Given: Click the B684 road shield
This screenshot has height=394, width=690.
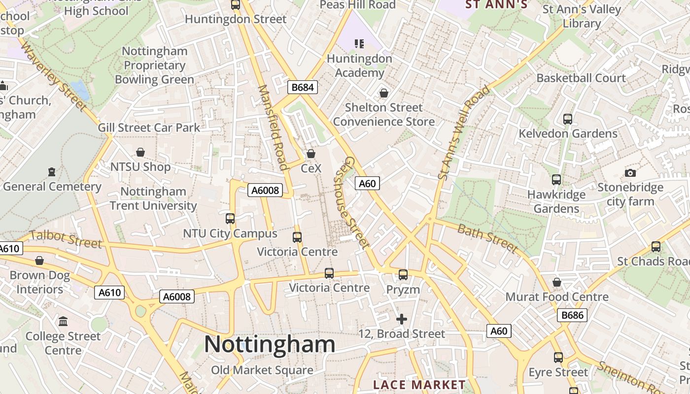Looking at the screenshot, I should click(x=302, y=88).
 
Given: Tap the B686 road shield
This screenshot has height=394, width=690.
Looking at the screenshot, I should click(x=572, y=315).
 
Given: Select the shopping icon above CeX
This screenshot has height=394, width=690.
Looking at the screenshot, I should click(x=311, y=154).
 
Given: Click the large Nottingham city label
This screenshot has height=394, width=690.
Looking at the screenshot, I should click(x=270, y=344).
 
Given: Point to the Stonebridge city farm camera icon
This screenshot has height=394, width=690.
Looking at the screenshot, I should click(x=630, y=173).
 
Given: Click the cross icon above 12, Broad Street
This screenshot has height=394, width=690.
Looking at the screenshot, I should click(x=402, y=319).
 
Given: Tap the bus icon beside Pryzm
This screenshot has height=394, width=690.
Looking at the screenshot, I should click(x=403, y=275).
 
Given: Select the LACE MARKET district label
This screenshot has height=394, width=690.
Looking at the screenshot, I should click(x=419, y=385).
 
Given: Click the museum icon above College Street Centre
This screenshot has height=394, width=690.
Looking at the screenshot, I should click(x=63, y=322).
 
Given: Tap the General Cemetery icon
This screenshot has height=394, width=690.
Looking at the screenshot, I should click(x=52, y=172).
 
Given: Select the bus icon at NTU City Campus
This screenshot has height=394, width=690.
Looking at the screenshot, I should click(x=230, y=218).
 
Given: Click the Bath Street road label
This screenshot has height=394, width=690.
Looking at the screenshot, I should click(x=487, y=238).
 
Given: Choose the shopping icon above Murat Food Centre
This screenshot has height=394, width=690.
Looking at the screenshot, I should click(x=557, y=282).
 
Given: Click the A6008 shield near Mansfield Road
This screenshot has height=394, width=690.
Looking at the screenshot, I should click(x=265, y=190).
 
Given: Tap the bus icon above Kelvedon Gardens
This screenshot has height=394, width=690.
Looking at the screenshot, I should click(x=568, y=119).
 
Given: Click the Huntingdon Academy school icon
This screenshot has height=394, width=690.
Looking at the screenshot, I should click(x=359, y=44).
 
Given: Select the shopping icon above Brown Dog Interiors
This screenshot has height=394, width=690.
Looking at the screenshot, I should click(x=39, y=261).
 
